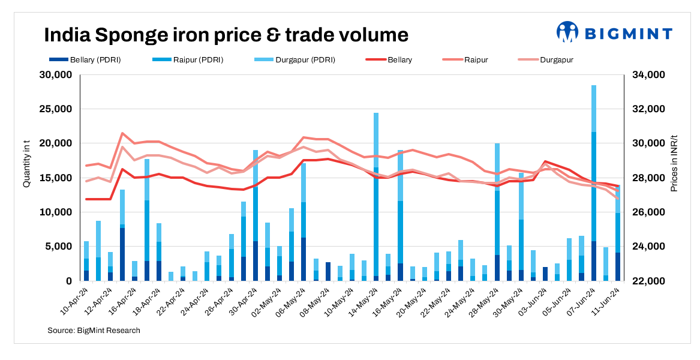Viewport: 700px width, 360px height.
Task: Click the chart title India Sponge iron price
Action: (x=226, y=35)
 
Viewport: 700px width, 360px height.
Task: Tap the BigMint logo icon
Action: (x=567, y=32)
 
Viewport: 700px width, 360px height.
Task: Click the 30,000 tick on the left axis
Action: (x=55, y=75)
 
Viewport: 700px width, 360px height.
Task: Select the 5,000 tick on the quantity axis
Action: (x=58, y=247)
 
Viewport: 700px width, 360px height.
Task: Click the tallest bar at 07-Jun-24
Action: (x=594, y=180)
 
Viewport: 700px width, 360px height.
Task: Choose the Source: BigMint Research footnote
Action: (x=94, y=330)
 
